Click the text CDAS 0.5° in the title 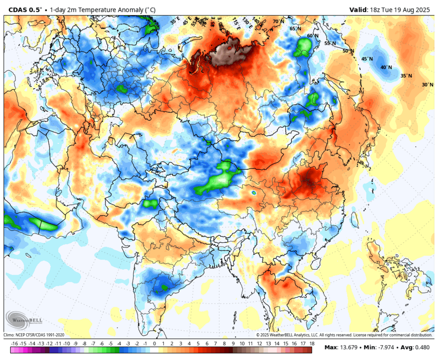tap(25, 9)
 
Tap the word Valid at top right tap(359, 9)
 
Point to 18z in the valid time tap(376, 9)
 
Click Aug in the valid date tap(410, 9)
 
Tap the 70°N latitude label tap(279, 22)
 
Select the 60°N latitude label tap(312, 36)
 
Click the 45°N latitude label tap(367, 59)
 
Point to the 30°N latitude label tap(427, 85)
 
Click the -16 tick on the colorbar tap(14, 344)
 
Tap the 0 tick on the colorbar tap(155, 344)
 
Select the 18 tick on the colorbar tap(312, 344)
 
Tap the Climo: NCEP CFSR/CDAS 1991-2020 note tap(34, 335)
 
